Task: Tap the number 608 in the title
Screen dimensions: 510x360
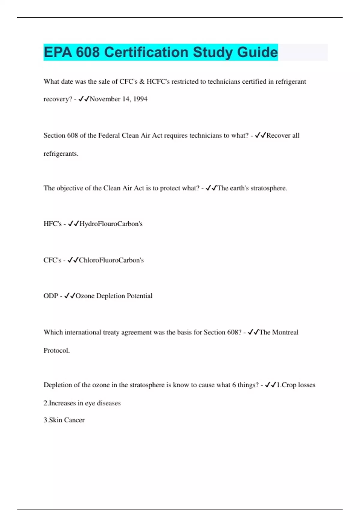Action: pyautogui.click(x=88, y=52)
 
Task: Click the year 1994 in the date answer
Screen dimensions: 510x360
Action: pyautogui.click(x=140, y=99)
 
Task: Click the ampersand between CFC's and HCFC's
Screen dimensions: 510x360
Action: pyautogui.click(x=142, y=82)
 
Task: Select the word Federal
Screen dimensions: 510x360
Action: pyautogui.click(x=109, y=136)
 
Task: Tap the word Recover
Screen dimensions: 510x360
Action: pyautogui.click(x=278, y=136)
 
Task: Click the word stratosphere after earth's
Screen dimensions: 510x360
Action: pyautogui.click(x=269, y=188)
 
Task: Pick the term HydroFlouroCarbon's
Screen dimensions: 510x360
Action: pyautogui.click(x=111, y=224)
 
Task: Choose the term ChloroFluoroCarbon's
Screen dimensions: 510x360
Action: pyautogui.click(x=111, y=260)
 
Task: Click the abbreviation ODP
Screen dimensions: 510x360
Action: pyautogui.click(x=51, y=296)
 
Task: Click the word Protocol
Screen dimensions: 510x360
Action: pyautogui.click(x=56, y=350)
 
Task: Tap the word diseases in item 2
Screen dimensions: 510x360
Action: pyautogui.click(x=109, y=403)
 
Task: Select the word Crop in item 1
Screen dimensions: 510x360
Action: pyautogui.click(x=289, y=385)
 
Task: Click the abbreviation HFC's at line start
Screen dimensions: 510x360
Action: pyautogui.click(x=52, y=224)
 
